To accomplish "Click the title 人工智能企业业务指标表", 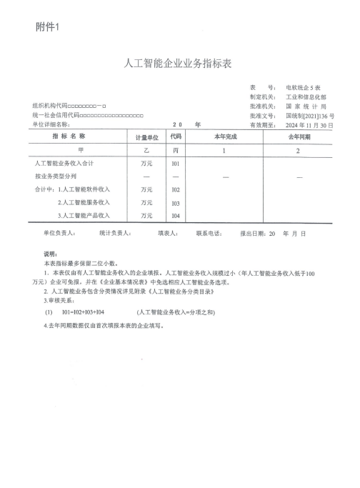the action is click(179, 64).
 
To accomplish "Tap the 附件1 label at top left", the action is click(49, 27).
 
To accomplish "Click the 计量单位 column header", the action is click(146, 136).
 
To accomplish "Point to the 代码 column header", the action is click(176, 136).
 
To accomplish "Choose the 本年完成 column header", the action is click(224, 136).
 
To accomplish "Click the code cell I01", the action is click(176, 164).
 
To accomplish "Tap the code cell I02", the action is click(176, 189).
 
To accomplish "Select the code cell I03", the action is click(176, 203).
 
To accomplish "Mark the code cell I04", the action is click(176, 215).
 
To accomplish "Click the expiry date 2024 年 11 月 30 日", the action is click(309, 124).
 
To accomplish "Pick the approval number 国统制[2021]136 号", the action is click(309, 114).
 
